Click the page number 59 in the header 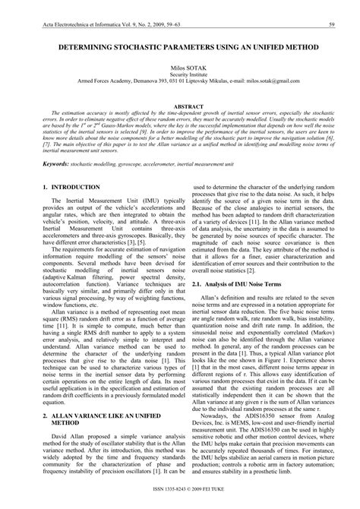click(332, 26)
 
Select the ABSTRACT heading click(180, 107)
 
